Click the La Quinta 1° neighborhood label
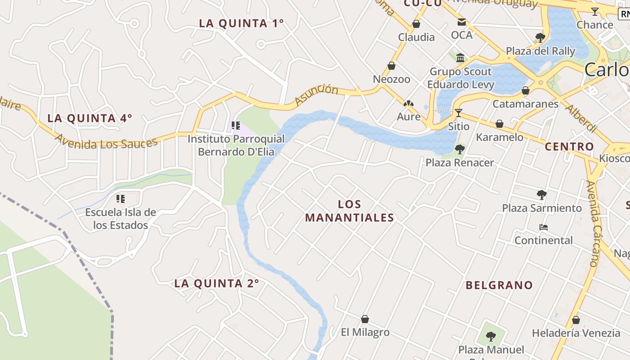click(241, 23)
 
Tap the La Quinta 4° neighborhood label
click(90, 118)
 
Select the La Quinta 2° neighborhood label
click(216, 283)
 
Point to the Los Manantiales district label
click(350, 211)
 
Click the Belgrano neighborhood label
click(499, 285)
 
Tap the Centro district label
click(569, 147)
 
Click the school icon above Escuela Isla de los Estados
click(121, 198)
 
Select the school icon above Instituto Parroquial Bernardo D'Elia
click(236, 126)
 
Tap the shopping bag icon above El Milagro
click(365, 319)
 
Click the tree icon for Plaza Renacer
click(459, 149)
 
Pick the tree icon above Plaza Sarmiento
click(542, 195)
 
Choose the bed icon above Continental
click(544, 227)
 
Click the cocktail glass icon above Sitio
click(459, 113)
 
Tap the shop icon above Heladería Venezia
click(576, 320)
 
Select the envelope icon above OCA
click(462, 22)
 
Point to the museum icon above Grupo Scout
click(460, 58)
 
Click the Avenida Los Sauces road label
click(107, 143)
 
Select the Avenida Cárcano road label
click(594, 223)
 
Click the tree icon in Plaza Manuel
click(491, 336)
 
